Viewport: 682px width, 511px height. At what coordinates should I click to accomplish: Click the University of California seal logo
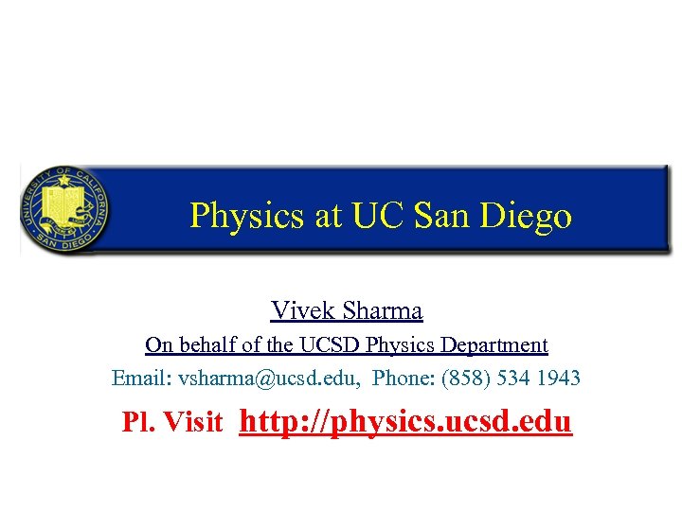point(64,208)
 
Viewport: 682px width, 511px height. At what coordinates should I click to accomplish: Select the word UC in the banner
point(376,216)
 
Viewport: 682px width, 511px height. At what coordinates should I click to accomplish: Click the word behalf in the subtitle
point(211,345)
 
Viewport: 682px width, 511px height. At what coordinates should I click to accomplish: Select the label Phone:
point(404,379)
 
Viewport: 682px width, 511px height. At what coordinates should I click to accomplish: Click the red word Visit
point(194,422)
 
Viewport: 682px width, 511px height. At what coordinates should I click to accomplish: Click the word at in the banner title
point(328,217)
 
